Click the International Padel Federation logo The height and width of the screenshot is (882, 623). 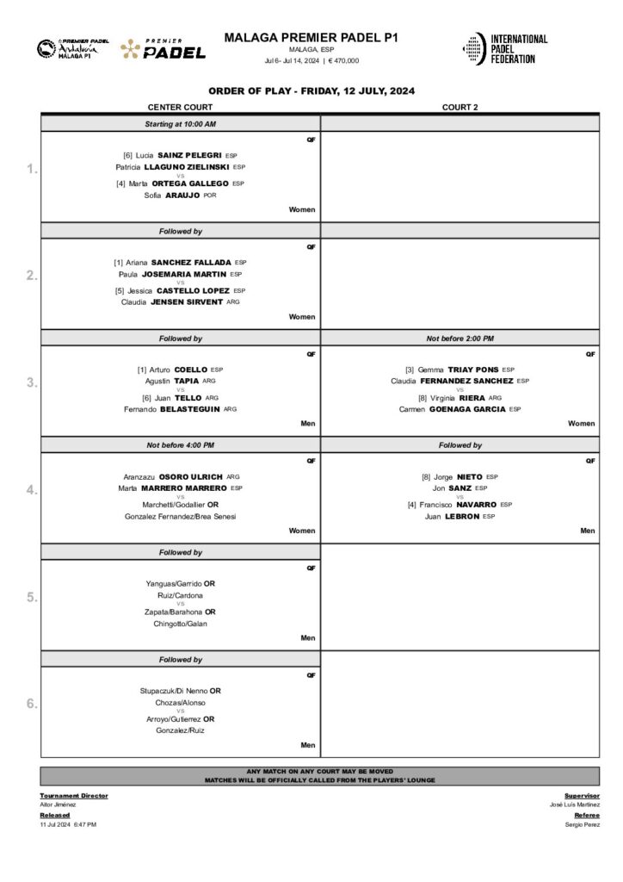(x=505, y=48)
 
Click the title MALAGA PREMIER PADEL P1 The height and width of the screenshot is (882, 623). (x=311, y=37)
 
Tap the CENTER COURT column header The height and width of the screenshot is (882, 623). (x=180, y=108)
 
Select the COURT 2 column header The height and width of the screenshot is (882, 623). (x=460, y=108)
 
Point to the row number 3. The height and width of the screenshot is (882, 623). (x=32, y=383)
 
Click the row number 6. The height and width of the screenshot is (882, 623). (x=32, y=704)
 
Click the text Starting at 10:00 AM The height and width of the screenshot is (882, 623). (x=180, y=125)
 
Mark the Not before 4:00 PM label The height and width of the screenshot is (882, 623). (x=180, y=445)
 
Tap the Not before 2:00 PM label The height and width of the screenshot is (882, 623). (x=460, y=339)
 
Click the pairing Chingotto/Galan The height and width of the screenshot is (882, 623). (x=180, y=624)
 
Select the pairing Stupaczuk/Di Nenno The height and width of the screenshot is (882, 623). (x=173, y=691)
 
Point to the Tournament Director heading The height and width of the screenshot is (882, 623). (x=74, y=796)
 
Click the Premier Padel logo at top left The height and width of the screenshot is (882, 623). (x=163, y=49)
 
